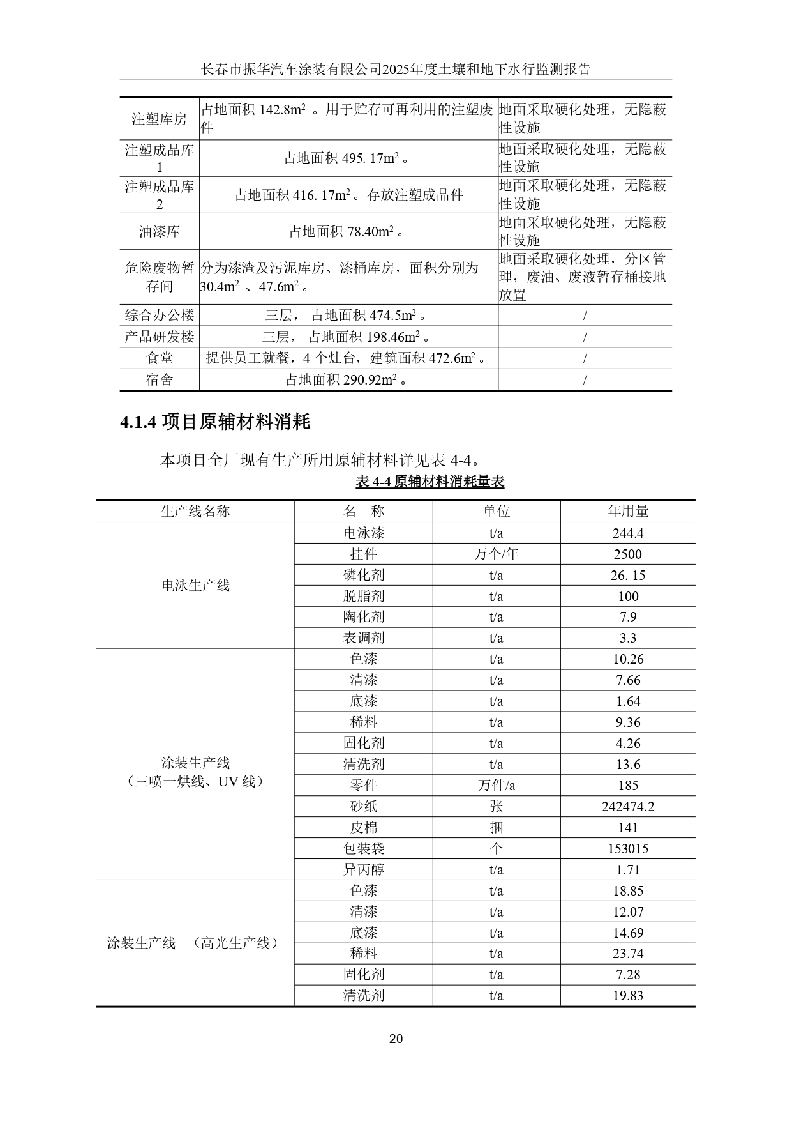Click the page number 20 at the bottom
click(396, 1039)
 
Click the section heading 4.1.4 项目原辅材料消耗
click(215, 422)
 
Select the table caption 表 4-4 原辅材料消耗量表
click(430, 482)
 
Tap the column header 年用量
click(628, 511)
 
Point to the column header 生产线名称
click(195, 511)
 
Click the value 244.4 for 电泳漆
click(628, 533)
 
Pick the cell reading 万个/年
click(496, 554)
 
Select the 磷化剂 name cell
click(364, 575)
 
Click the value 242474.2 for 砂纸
click(628, 806)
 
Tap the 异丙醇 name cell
click(364, 869)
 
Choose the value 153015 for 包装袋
click(628, 848)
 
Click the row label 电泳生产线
click(195, 585)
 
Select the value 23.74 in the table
click(628, 953)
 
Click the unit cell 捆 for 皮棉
click(496, 827)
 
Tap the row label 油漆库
click(160, 231)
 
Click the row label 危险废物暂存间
click(160, 277)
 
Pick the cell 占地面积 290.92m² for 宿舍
click(348, 380)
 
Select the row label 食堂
click(160, 358)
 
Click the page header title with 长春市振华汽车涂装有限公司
click(396, 69)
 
